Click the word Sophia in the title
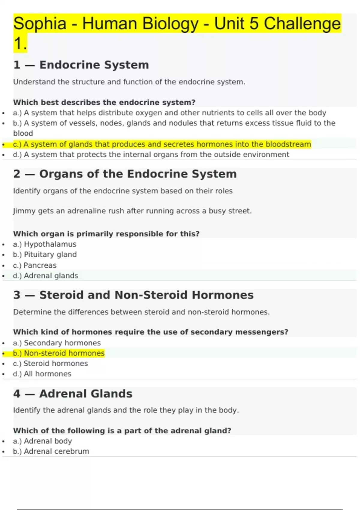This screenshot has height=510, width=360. (x=40, y=24)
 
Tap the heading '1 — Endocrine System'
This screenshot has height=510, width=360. (x=81, y=65)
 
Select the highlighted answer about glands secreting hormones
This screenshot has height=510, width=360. (x=162, y=144)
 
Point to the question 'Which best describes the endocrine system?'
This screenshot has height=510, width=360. (x=104, y=102)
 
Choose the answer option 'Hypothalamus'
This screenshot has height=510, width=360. (x=50, y=244)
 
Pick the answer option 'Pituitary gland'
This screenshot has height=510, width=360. (x=50, y=254)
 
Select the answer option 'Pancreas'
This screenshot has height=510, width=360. (x=40, y=265)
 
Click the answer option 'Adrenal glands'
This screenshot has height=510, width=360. (x=51, y=276)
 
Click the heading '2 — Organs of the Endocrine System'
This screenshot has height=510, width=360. (x=125, y=174)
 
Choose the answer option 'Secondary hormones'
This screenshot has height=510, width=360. (x=62, y=343)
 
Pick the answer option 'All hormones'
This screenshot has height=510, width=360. (x=47, y=374)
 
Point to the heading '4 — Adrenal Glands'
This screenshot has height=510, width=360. (x=73, y=394)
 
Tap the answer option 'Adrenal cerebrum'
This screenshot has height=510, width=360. (x=56, y=451)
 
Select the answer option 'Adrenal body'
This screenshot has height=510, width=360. (x=48, y=441)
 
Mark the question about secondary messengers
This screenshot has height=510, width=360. (x=150, y=332)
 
